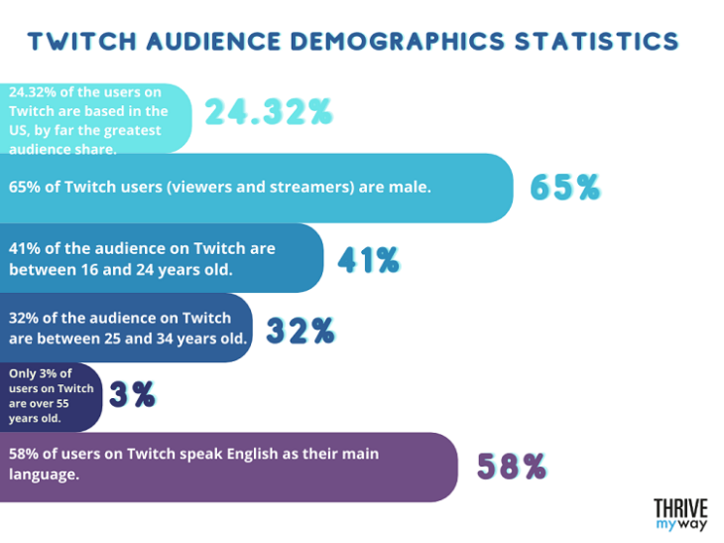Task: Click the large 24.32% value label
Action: [268, 113]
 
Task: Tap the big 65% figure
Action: [565, 187]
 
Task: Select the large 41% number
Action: [368, 260]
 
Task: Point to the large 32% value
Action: [300, 331]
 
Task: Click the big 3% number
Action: [133, 395]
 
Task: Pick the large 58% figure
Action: [512, 467]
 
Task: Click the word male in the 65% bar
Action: [409, 184]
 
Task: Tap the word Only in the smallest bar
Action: [24, 374]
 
